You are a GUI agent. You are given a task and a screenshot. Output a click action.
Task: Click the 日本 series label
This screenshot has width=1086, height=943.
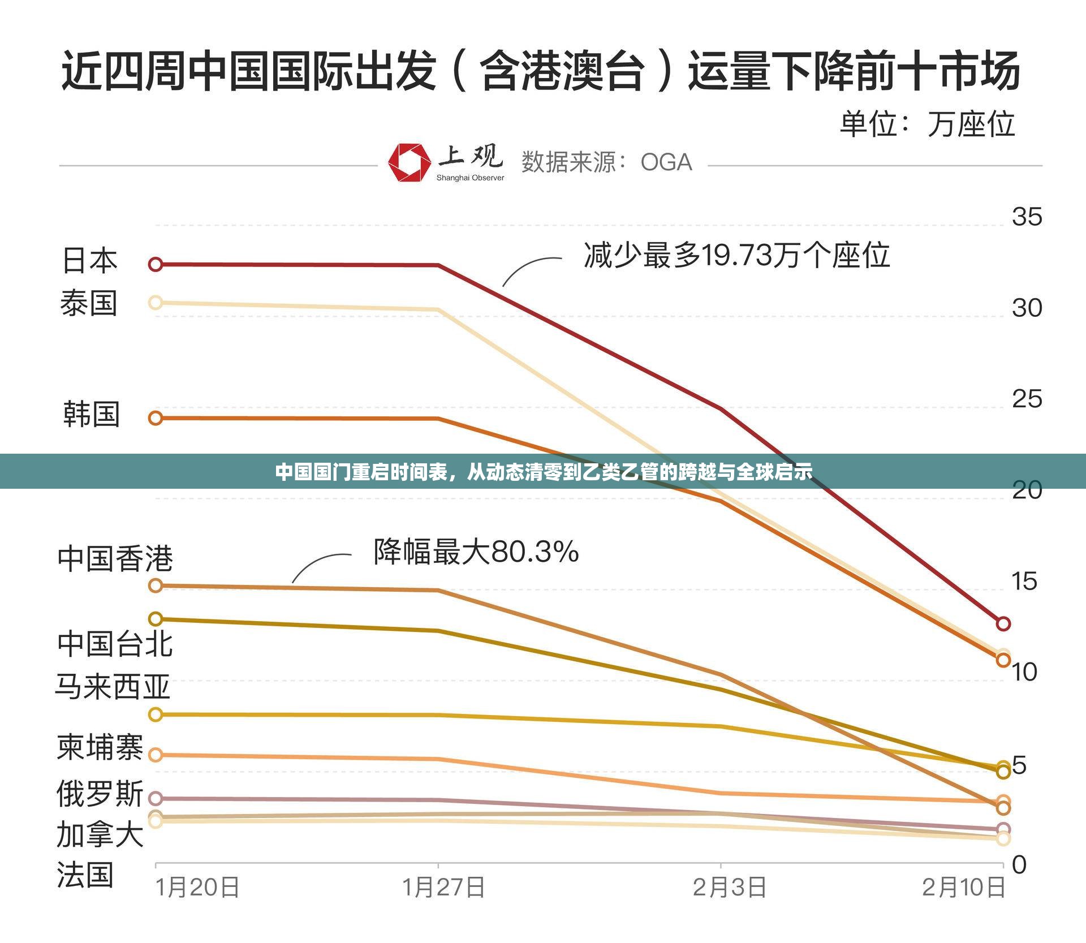pyautogui.click(x=89, y=261)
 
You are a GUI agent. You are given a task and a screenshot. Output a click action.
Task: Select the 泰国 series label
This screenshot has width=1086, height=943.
pyautogui.click(x=89, y=303)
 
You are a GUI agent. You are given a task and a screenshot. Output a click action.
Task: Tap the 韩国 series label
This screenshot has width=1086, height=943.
pyautogui.click(x=91, y=414)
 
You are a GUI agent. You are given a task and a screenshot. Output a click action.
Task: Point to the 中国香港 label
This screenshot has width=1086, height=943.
pyautogui.click(x=115, y=558)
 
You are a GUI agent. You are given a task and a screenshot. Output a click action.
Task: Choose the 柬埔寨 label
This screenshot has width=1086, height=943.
pyautogui.click(x=100, y=747)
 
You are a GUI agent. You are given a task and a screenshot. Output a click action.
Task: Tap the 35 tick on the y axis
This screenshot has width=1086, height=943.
pyautogui.click(x=1027, y=217)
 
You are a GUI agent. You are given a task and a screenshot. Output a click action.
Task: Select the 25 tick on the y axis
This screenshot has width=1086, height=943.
pyautogui.click(x=1027, y=399)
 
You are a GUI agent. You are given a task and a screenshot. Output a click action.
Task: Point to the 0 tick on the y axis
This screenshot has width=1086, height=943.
pyautogui.click(x=1019, y=864)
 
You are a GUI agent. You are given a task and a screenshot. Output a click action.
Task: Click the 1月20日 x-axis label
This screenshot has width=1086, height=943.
pyautogui.click(x=197, y=887)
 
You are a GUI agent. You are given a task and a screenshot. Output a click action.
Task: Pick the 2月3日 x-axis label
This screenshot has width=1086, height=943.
pyautogui.click(x=730, y=887)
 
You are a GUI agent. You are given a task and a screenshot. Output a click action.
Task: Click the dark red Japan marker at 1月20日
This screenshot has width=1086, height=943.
pyautogui.click(x=156, y=264)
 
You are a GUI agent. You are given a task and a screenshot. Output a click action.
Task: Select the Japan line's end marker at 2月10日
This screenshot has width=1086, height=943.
pyautogui.click(x=1003, y=623)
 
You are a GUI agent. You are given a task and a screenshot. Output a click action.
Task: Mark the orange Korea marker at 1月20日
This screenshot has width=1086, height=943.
pyautogui.click(x=156, y=418)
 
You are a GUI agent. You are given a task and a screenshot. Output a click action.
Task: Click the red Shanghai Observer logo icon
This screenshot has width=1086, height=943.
pyautogui.click(x=408, y=162)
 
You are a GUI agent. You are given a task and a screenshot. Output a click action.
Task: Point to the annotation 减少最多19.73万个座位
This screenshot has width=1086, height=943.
pyautogui.click(x=736, y=256)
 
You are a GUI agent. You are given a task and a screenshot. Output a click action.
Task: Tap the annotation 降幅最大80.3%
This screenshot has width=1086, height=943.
pyautogui.click(x=476, y=552)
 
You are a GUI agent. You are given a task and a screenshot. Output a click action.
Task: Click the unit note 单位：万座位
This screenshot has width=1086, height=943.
pyautogui.click(x=927, y=124)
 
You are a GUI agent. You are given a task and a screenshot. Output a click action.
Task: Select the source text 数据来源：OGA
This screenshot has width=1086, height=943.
pyautogui.click(x=606, y=162)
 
